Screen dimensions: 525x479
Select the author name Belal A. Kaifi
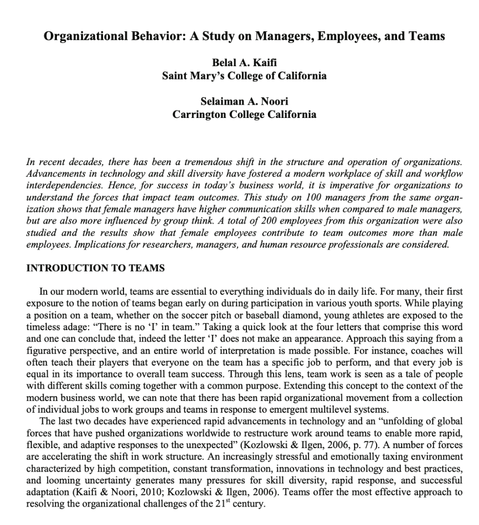(x=244, y=63)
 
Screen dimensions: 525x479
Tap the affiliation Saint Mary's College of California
(x=244, y=76)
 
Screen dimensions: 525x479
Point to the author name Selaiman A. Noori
(x=244, y=102)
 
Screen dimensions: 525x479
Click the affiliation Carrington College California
(x=244, y=114)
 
